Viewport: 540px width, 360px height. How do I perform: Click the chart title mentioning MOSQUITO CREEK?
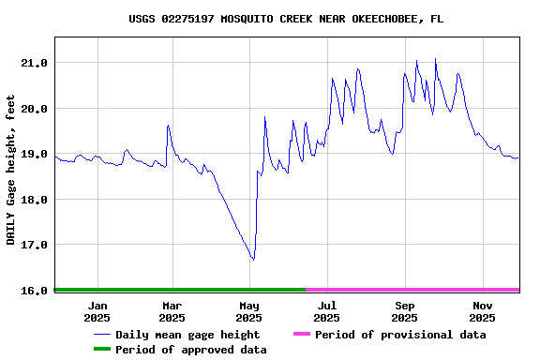tap(286, 19)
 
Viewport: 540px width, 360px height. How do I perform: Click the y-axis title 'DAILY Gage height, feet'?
tap(11, 171)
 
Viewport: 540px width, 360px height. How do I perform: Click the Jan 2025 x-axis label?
tap(97, 311)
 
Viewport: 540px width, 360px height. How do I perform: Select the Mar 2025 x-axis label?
tap(172, 311)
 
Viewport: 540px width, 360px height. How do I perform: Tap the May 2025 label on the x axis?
tap(249, 311)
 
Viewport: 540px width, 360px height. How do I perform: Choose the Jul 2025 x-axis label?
tap(327, 311)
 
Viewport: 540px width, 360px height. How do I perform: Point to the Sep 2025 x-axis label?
tap(405, 311)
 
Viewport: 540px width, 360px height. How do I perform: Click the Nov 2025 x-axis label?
tap(483, 311)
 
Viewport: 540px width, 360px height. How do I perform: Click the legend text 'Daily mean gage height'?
tap(187, 335)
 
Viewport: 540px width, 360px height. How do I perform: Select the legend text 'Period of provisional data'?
tap(400, 335)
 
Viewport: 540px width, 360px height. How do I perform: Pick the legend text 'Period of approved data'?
tap(191, 350)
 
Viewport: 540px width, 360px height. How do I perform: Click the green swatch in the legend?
tap(101, 350)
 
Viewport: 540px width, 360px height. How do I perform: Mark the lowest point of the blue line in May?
tap(253, 260)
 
